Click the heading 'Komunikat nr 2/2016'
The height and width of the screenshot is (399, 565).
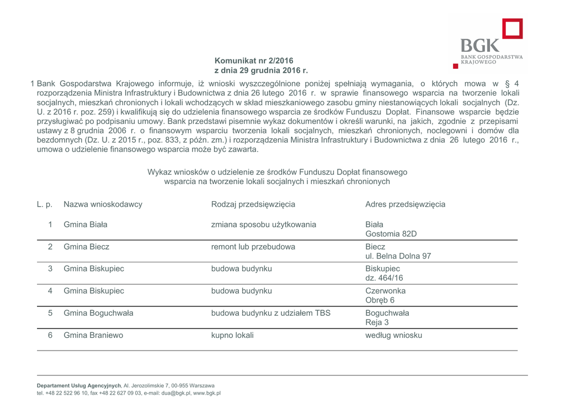click(254, 61)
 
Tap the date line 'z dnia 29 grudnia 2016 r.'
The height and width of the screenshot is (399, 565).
click(261, 71)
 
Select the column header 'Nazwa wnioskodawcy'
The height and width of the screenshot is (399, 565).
click(103, 204)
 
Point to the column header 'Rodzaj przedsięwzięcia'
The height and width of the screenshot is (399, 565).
click(253, 204)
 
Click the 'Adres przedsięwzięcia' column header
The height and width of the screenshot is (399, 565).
click(405, 204)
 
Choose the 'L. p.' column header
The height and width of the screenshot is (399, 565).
click(45, 204)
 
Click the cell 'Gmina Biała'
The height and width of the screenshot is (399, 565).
click(86, 225)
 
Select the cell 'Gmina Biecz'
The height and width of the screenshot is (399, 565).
click(87, 247)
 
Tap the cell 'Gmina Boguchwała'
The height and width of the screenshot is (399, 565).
click(98, 313)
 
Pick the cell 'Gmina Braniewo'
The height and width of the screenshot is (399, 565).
click(93, 335)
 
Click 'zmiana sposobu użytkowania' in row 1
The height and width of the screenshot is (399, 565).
click(264, 225)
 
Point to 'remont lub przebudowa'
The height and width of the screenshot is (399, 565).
click(253, 247)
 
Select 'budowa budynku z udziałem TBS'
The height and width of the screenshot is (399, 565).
click(271, 313)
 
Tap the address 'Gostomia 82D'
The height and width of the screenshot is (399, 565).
click(391, 234)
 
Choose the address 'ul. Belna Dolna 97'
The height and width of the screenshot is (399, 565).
click(398, 256)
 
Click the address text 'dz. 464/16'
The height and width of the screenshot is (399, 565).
click(384, 278)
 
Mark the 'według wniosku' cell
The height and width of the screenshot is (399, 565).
click(393, 335)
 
